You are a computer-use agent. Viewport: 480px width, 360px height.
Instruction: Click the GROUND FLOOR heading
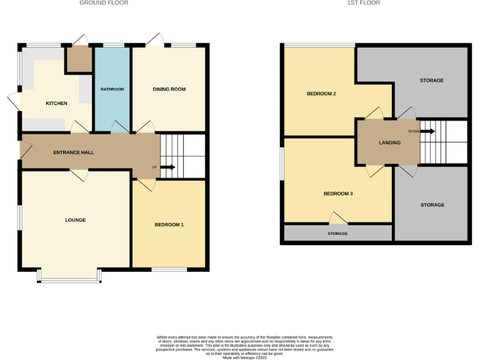coord(104,3)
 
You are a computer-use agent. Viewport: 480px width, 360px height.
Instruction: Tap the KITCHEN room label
coord(56,103)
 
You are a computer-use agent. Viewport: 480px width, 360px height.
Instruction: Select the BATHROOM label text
coord(112,89)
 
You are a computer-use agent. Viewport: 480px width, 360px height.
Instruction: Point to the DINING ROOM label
coord(169,89)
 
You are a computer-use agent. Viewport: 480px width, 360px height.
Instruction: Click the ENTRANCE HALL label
coord(73,152)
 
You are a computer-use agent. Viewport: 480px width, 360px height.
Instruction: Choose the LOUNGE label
coord(75,220)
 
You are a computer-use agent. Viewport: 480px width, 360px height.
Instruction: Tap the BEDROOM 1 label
coord(169,224)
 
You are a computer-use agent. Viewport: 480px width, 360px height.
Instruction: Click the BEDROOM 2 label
coord(321,94)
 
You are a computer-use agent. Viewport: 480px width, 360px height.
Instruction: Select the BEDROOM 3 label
coord(338,194)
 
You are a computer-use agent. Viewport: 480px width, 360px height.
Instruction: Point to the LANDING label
coord(389,142)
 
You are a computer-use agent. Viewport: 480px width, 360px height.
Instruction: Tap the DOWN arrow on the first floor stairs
coord(427,131)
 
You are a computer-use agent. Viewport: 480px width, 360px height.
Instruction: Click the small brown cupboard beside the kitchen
coord(79,59)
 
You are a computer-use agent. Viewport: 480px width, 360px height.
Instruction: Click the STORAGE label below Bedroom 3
coord(337,234)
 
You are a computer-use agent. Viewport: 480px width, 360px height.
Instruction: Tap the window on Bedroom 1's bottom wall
coord(169,270)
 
